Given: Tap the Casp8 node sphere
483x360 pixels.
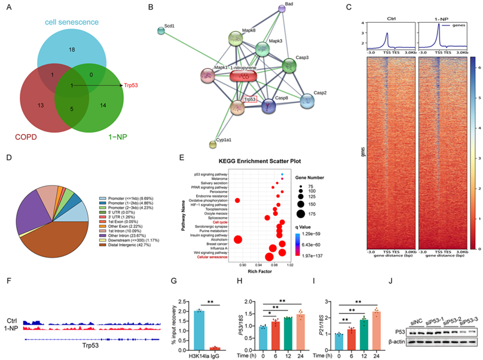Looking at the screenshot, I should [268, 106].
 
